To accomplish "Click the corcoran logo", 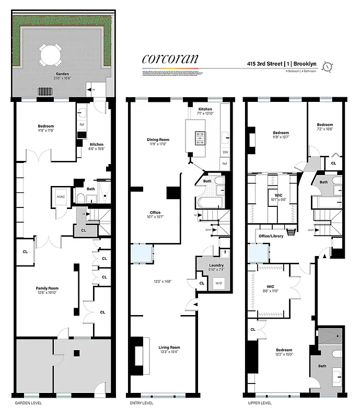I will [170, 59].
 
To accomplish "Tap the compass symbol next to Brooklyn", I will [328, 66].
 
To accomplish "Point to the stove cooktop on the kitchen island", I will [200, 138].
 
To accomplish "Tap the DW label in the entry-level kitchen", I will [225, 152].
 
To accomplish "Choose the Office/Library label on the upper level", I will [271, 236].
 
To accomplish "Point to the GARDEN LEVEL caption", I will [28, 403].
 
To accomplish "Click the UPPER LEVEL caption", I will [260, 403].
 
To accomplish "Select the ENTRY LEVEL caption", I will [143, 403].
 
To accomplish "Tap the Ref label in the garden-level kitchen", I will [82, 125].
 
